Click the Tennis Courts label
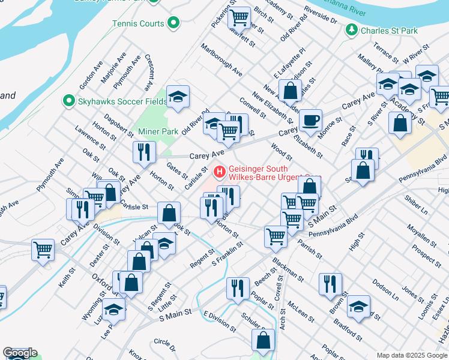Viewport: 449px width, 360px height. tap(138, 24)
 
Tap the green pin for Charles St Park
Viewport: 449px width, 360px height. tap(350, 30)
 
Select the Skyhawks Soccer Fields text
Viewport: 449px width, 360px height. tap(122, 101)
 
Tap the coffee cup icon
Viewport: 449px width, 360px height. tap(310, 121)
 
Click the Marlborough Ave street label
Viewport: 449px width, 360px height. tap(221, 60)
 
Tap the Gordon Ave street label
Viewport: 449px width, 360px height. tap(88, 74)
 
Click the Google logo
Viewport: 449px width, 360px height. tap(20, 353)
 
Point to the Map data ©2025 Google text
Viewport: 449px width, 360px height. tap(412, 355)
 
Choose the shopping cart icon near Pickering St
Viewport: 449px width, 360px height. tap(240, 17)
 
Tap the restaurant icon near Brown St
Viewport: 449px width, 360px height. tap(330, 283)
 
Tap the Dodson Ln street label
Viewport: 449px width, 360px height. tap(385, 289)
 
